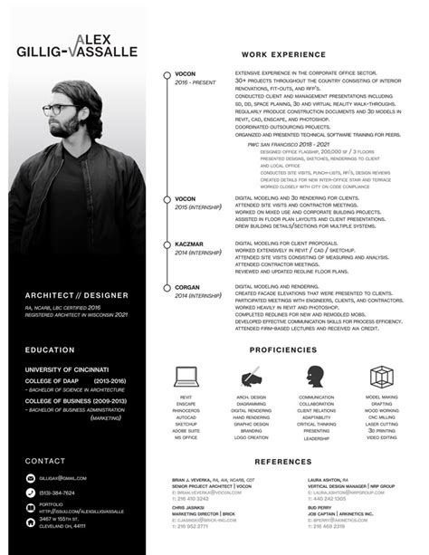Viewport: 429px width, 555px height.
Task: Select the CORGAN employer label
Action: pyautogui.click(x=187, y=287)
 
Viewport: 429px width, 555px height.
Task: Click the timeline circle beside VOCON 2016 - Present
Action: pyautogui.click(x=167, y=73)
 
